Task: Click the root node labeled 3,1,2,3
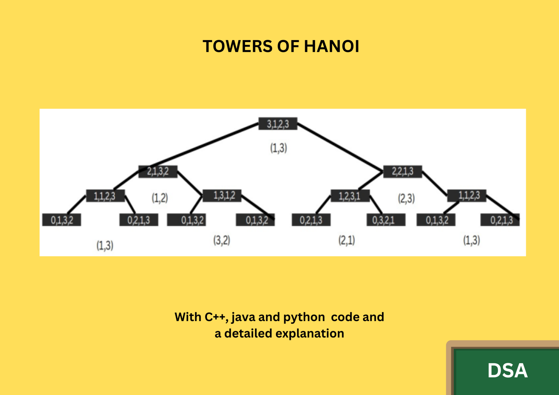tap(278, 124)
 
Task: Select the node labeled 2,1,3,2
tap(158, 172)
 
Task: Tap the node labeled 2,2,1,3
tap(403, 172)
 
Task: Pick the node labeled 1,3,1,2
tap(222, 196)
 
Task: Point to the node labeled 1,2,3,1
tap(350, 196)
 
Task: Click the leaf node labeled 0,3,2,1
tap(386, 220)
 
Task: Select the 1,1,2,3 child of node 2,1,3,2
tap(105, 196)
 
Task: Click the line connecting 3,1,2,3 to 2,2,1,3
tap(340, 148)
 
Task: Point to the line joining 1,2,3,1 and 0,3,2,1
tap(376, 205)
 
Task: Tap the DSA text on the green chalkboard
tap(507, 370)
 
